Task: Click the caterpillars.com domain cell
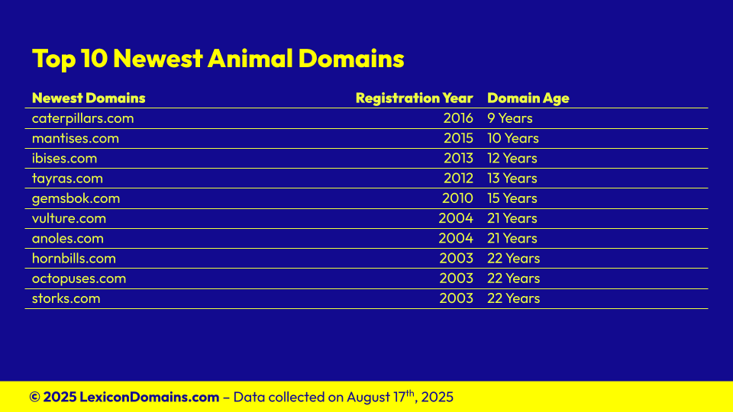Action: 82,118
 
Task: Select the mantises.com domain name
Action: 76,138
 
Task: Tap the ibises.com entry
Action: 64,159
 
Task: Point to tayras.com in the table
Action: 67,179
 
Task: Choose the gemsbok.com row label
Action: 76,198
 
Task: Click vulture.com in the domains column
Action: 69,218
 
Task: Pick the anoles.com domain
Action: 68,238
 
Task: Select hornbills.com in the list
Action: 74,259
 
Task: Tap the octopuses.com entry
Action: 79,278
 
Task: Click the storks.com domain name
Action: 66,298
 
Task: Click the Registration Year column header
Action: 414,98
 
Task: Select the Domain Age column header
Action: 528,98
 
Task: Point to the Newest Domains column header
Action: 89,98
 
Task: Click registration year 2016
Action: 458,118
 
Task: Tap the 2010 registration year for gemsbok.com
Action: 457,198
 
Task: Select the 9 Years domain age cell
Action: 509,118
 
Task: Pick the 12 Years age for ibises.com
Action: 512,159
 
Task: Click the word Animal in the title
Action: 250,59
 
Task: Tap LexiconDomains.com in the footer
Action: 149,397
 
